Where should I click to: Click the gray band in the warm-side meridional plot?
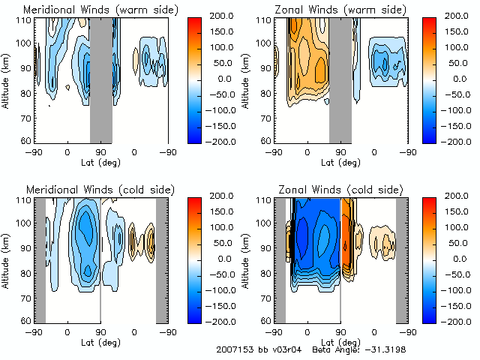[101, 79]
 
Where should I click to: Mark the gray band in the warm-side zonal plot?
[340, 79]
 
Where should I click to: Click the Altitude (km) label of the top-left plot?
[6, 78]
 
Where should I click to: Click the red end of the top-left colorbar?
[202, 19]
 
